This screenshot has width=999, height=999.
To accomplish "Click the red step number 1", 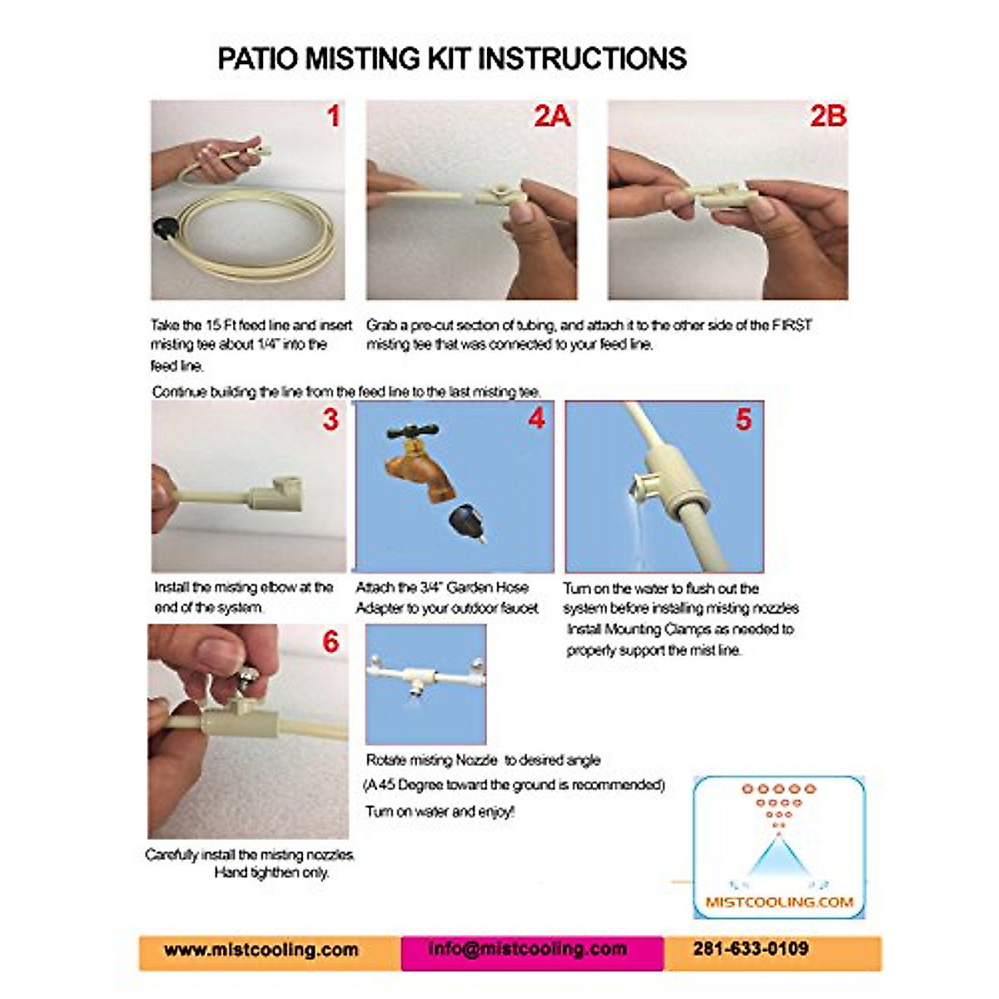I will click(333, 116).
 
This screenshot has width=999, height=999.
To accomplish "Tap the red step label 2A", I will click(552, 116).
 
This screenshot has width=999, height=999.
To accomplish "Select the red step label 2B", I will click(828, 116).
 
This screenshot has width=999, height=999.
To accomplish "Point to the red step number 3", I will click(331, 419).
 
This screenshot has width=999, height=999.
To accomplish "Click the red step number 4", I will click(536, 418).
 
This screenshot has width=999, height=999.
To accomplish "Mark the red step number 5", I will click(743, 419).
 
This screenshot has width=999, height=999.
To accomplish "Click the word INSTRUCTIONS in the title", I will click(582, 58).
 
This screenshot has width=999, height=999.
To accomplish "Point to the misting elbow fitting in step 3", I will click(279, 491).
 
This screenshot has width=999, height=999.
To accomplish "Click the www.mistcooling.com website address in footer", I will click(261, 950).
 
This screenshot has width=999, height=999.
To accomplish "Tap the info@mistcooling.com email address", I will click(528, 949).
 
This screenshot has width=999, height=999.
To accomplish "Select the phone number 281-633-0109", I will click(750, 948).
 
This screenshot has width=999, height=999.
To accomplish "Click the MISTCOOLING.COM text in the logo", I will click(778, 902).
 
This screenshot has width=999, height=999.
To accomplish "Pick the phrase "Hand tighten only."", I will click(271, 872).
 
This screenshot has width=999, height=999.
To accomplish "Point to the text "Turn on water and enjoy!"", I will click(440, 812).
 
